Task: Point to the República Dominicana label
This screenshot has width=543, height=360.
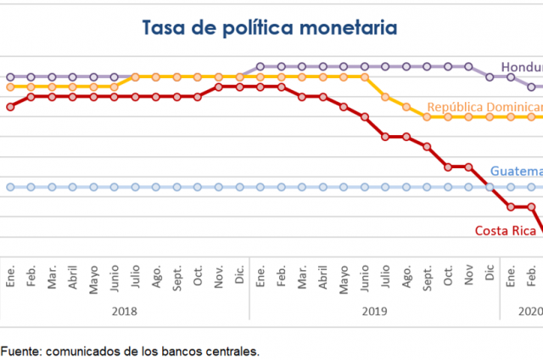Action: (484, 107)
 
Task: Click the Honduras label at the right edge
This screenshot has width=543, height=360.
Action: (521, 67)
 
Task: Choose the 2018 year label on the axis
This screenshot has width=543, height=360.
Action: (125, 311)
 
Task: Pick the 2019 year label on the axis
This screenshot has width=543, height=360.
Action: (374, 311)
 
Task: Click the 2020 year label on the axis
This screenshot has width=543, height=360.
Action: (530, 311)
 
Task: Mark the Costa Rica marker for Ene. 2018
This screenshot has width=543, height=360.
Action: (10, 107)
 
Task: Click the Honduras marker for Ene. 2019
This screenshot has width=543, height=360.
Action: (260, 66)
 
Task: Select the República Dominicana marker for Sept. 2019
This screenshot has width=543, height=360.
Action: (427, 116)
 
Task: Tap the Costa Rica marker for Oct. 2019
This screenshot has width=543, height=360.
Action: (448, 166)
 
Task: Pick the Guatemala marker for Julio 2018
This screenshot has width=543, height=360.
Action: (135, 187)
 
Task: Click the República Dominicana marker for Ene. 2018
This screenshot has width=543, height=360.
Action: (10, 87)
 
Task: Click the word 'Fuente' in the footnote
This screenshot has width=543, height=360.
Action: (20, 350)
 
